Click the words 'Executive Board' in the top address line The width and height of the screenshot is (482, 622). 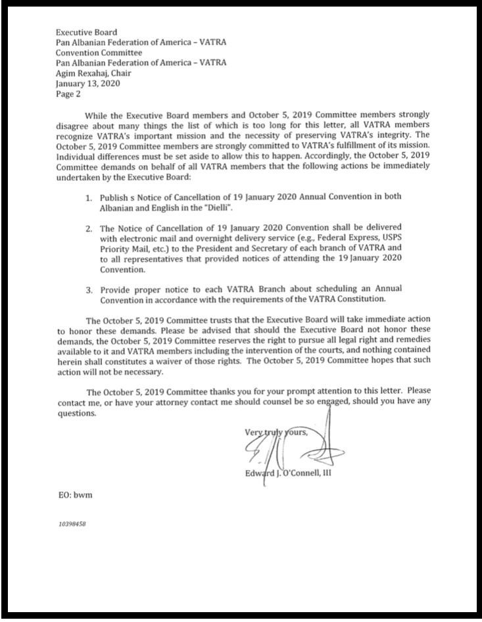click(x=86, y=32)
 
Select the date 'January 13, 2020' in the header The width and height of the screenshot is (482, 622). click(x=87, y=84)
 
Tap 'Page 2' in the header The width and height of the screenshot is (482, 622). click(x=68, y=94)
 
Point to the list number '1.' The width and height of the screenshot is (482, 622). click(x=89, y=197)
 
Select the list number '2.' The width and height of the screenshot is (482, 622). click(x=89, y=229)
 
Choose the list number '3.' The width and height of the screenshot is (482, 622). click(x=89, y=289)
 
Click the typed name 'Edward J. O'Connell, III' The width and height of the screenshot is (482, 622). click(x=287, y=471)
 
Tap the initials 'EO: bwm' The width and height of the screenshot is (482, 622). click(x=74, y=494)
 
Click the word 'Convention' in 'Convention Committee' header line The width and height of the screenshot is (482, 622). click(x=78, y=53)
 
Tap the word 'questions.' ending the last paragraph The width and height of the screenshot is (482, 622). click(x=77, y=414)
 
